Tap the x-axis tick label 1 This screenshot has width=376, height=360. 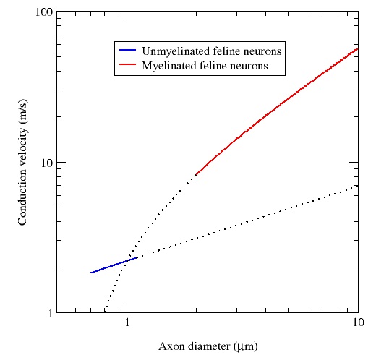click(128, 323)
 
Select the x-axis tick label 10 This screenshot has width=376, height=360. click(357, 323)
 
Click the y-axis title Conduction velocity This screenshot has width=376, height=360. click(23, 163)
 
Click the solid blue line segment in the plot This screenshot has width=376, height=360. click(114, 265)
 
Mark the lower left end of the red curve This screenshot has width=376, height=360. click(196, 175)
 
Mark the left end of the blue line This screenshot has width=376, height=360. click(91, 273)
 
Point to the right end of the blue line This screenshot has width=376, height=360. click(137, 257)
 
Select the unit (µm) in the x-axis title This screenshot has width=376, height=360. click(241, 345)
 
